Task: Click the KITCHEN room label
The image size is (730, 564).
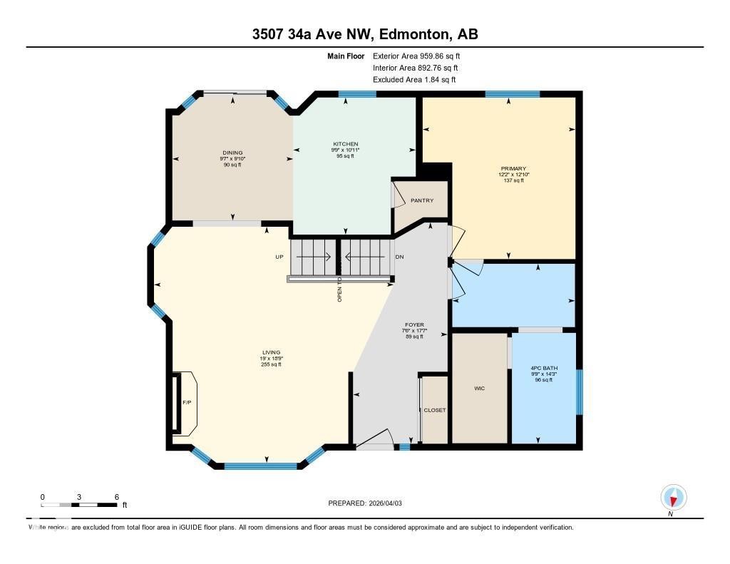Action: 345,144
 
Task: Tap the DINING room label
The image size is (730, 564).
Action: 232,153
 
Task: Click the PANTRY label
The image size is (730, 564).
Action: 422,200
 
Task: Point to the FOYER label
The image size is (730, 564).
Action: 414,325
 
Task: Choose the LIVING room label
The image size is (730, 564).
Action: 271,352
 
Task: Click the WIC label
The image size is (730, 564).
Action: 480,389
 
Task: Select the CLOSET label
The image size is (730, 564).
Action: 434,411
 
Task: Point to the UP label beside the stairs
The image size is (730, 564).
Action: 280,257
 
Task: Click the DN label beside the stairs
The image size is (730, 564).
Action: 400,257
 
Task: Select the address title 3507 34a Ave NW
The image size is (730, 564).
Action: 364,34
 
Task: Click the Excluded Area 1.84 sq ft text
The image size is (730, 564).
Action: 414,80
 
